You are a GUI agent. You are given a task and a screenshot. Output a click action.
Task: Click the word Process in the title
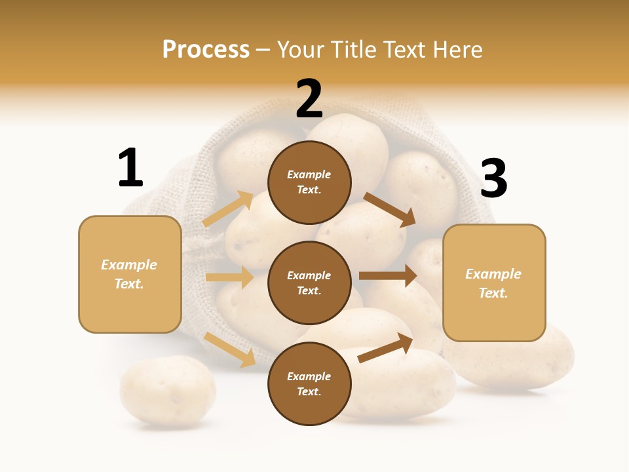click(206, 50)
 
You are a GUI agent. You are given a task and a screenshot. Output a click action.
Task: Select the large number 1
click(130, 168)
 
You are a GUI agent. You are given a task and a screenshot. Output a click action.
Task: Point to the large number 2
click(309, 99)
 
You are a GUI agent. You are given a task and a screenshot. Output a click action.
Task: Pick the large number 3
click(494, 179)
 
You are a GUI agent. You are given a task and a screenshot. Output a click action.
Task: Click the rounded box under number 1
click(130, 274)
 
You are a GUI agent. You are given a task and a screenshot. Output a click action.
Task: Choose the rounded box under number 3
click(494, 283)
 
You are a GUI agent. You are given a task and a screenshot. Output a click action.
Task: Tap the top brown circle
click(309, 182)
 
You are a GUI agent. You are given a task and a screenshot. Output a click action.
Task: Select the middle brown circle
click(309, 283)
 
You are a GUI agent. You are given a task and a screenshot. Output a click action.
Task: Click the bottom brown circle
click(309, 384)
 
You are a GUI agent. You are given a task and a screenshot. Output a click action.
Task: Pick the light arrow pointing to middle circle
click(229, 277)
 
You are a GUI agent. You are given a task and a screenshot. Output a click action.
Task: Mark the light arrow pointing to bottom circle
click(230, 349)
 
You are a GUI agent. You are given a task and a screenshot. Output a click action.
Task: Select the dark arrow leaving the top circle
click(390, 209)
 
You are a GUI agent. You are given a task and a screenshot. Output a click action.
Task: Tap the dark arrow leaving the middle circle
click(388, 276)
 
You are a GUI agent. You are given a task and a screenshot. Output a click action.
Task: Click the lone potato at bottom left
click(168, 391)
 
